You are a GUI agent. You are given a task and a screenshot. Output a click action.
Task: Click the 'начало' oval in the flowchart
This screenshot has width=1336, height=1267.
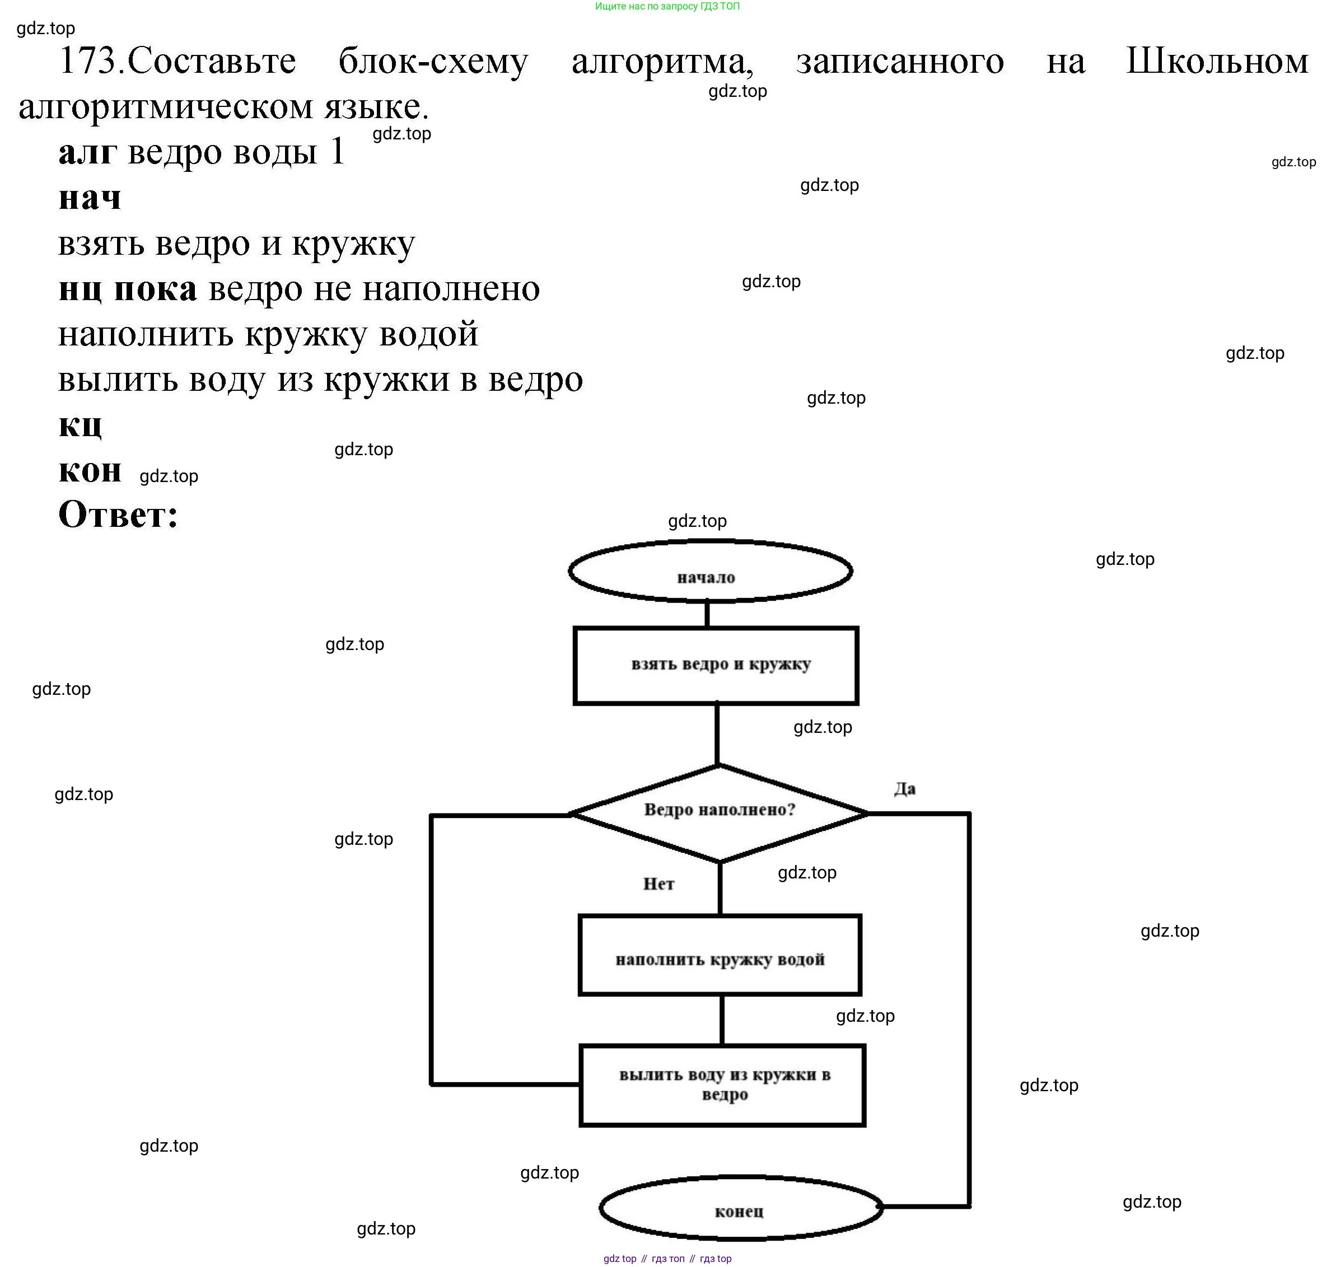pyautogui.click(x=710, y=572)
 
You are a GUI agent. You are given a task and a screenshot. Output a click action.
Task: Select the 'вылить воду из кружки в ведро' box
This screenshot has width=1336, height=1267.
pyautogui.click(x=722, y=1084)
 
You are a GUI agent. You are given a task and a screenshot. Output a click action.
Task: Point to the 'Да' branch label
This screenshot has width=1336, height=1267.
pyautogui.click(x=904, y=788)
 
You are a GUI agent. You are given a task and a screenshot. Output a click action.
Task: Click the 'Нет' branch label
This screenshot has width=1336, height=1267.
pyautogui.click(x=658, y=883)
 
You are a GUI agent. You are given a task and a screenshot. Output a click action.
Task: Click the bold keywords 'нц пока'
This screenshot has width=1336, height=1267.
pyautogui.click(x=128, y=289)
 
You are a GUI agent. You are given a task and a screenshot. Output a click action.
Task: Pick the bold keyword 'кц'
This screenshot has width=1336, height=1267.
pyautogui.click(x=80, y=425)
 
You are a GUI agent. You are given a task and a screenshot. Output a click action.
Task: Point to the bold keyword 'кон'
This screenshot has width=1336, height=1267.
pyautogui.click(x=90, y=470)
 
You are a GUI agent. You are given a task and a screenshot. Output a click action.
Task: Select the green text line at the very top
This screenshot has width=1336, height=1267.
pyautogui.click(x=667, y=7)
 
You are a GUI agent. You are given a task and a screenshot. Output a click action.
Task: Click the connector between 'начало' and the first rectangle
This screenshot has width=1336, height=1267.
pyautogui.click(x=707, y=614)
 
